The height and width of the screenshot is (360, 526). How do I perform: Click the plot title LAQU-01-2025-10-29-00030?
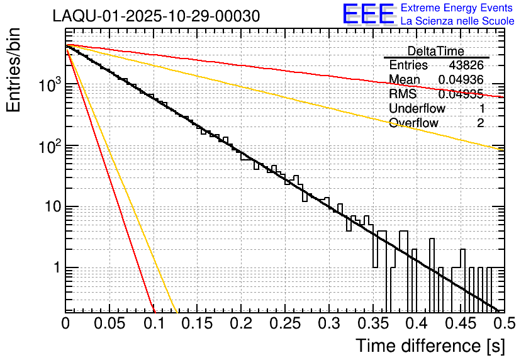click(x=155, y=16)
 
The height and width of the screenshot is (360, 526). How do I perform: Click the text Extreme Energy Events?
click(x=457, y=8)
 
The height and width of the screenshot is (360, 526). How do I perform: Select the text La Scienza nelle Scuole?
click(x=457, y=21)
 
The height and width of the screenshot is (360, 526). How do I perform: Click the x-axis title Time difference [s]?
click(x=430, y=345)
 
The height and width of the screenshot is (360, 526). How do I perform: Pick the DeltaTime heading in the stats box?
click(x=435, y=51)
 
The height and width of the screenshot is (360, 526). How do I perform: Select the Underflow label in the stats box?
click(x=417, y=108)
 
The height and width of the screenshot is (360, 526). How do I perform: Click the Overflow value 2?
click(x=480, y=123)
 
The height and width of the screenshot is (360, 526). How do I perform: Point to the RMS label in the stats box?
click(x=403, y=94)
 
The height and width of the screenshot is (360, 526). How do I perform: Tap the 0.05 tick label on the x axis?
click(x=109, y=323)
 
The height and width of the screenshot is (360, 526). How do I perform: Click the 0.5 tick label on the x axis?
click(x=502, y=323)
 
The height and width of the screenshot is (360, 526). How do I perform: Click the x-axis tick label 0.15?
click(x=198, y=323)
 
